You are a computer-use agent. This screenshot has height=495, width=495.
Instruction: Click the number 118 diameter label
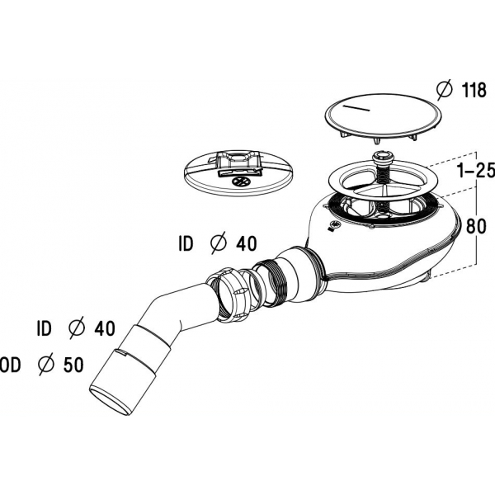[x=474, y=90]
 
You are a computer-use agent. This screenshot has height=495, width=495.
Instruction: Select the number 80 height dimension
[x=476, y=226]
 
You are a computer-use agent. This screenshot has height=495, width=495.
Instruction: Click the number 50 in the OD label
[x=73, y=365]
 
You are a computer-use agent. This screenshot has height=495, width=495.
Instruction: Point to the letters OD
[x=11, y=365]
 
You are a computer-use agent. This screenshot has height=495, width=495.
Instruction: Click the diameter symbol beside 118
[x=445, y=90]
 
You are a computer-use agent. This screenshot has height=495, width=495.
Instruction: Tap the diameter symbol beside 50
[x=47, y=365]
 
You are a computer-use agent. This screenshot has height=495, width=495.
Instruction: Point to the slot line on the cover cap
[x=356, y=107]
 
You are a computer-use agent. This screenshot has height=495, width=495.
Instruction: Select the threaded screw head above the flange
[x=382, y=157]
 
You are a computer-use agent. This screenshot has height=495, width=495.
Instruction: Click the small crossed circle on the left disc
[x=241, y=181]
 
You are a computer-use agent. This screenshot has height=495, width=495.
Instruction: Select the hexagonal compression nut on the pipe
[x=225, y=295]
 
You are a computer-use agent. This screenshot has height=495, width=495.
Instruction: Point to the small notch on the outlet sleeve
[x=122, y=352]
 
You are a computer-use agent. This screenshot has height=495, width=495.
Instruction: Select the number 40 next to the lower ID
[x=105, y=328]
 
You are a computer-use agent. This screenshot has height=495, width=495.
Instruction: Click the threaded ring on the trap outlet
[x=270, y=282]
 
